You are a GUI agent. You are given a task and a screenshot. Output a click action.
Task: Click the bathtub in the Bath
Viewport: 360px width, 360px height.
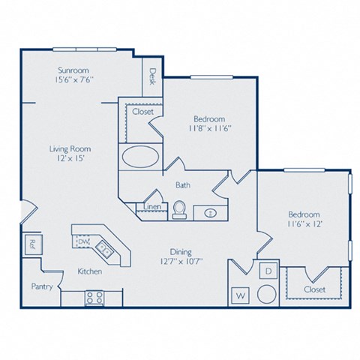point(139,157)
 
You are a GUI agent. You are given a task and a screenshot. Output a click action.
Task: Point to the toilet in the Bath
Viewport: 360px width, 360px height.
point(178,210)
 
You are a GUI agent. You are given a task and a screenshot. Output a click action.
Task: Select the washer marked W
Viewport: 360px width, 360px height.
point(241,294)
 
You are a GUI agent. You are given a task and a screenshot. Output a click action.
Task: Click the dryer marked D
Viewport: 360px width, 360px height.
point(268,270)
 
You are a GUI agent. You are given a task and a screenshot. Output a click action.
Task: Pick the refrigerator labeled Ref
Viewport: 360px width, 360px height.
point(31,242)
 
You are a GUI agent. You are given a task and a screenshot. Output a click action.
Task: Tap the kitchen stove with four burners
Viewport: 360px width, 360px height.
point(94,297)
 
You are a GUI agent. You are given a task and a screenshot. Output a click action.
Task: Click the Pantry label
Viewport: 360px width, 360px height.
point(40,286)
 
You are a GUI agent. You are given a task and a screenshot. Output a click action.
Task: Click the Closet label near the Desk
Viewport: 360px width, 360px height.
point(142,112)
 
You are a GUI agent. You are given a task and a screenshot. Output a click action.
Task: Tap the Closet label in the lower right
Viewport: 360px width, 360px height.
point(315,289)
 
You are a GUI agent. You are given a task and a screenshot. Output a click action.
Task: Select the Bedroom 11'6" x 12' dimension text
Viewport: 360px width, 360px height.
point(304,223)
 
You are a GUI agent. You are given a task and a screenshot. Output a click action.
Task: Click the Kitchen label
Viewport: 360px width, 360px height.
point(90,271)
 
